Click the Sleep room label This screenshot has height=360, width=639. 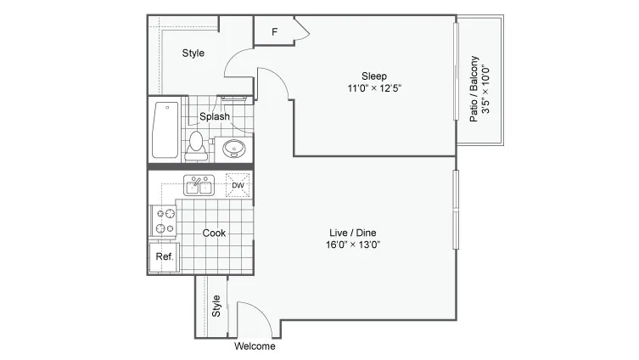[x=374, y=76]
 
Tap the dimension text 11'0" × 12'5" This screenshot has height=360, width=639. [x=374, y=88]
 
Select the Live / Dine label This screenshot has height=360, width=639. [x=353, y=233]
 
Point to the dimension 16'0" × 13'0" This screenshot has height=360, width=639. [x=353, y=245]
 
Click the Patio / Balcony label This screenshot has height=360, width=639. [x=474, y=89]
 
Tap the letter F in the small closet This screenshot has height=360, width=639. [x=275, y=31]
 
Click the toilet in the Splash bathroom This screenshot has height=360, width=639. [x=196, y=145]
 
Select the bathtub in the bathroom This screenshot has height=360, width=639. [x=165, y=130]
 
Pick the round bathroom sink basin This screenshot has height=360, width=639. [x=234, y=149]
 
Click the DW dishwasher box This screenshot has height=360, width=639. [x=238, y=185]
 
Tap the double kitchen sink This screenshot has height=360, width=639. [x=199, y=185]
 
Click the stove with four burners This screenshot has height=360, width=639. [x=165, y=221]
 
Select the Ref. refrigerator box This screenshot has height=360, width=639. [x=165, y=257]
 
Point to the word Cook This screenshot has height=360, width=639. [x=214, y=233]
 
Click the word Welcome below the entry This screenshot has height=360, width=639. [x=255, y=346]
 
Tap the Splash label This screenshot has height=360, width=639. [x=215, y=116]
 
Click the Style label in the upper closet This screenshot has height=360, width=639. [x=193, y=53]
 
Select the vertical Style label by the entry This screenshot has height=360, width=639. [x=216, y=307]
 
